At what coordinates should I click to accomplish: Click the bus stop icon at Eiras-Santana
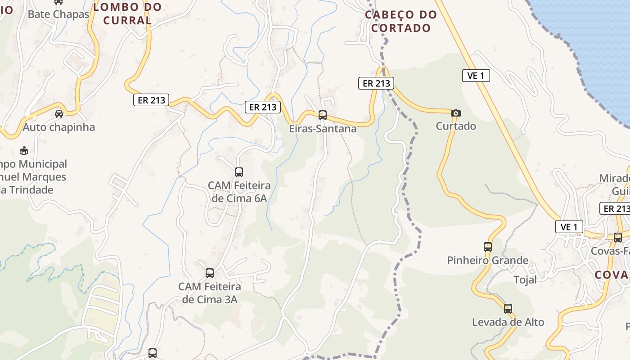coord(323,115)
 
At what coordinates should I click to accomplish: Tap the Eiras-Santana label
coord(323,129)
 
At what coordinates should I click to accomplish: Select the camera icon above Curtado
coord(456,113)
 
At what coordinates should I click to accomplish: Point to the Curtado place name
coord(456,126)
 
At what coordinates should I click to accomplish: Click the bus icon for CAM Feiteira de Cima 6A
coord(239,172)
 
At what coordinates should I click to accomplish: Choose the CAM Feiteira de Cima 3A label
coord(210,292)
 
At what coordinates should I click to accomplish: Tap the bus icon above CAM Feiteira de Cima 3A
coord(210,273)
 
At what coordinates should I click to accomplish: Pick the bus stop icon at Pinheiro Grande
coord(488,247)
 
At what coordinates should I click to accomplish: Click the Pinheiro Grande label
coord(488,260)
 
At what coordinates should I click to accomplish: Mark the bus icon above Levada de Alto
coord(508,309)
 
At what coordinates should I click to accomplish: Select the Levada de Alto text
coord(508,322)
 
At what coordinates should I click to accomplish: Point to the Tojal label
coord(525,280)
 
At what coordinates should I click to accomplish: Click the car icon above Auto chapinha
coord(59,113)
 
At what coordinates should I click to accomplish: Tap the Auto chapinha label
coord(59,127)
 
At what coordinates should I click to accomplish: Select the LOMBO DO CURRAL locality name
coord(127,13)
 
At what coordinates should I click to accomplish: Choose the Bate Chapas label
coord(58,14)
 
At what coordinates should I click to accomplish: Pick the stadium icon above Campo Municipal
coord(24,150)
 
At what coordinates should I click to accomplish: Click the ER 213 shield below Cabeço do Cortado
coord(376,83)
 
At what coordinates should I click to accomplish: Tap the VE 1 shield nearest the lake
coord(476,76)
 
